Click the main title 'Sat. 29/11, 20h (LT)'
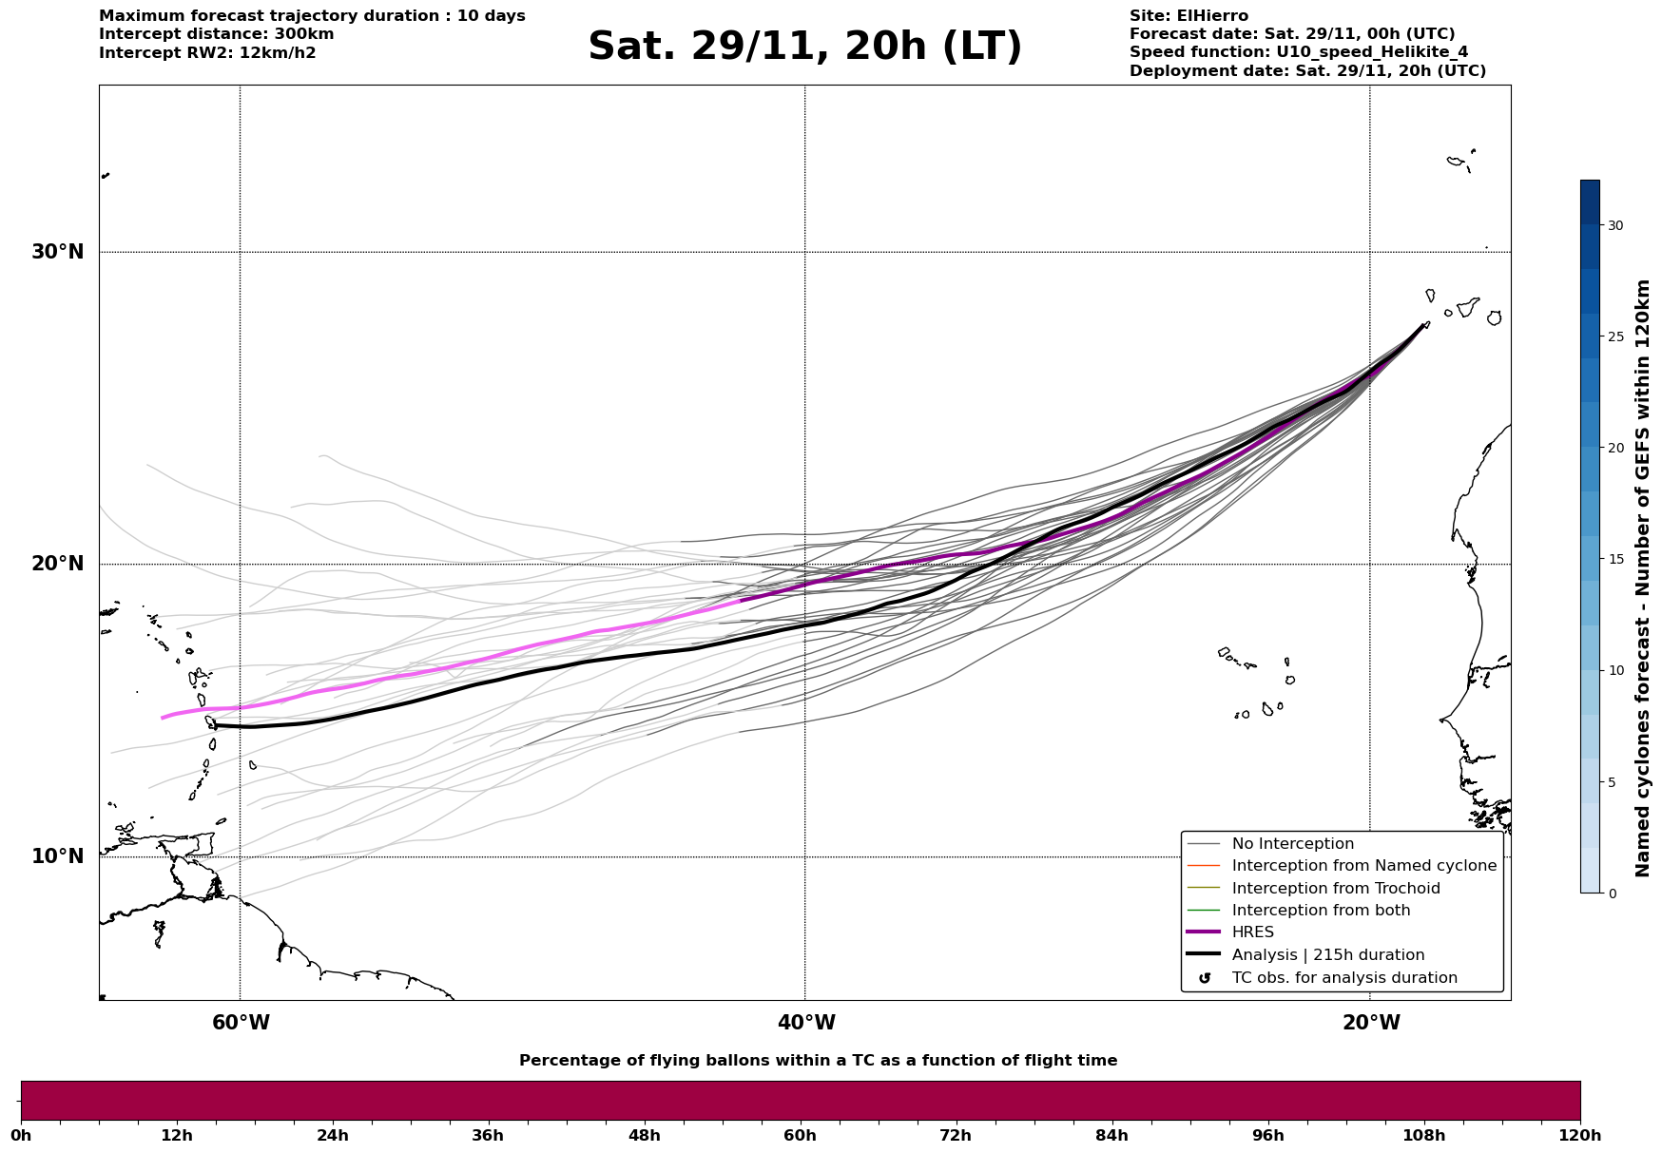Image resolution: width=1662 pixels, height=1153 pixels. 804,47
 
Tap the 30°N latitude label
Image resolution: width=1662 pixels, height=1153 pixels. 58,252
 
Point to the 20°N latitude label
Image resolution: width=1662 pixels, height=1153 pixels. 58,564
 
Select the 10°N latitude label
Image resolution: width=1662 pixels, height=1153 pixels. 58,856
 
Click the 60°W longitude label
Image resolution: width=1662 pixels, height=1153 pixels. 241,1023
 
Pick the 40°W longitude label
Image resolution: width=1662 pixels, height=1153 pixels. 806,1023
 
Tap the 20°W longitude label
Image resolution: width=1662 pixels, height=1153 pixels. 1371,1023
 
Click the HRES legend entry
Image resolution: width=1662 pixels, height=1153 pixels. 1252,932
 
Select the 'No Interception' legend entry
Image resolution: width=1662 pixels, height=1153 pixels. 1292,844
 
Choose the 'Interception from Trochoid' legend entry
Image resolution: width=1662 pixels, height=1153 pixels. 1335,889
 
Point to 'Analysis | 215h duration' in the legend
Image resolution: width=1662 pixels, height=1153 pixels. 1327,955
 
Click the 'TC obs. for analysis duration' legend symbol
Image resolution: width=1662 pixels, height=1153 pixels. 1205,978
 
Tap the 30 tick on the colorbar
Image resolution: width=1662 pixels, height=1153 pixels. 1615,225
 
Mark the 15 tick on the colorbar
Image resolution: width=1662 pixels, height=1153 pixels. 1615,559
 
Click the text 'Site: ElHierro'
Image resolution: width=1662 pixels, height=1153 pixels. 1189,16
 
